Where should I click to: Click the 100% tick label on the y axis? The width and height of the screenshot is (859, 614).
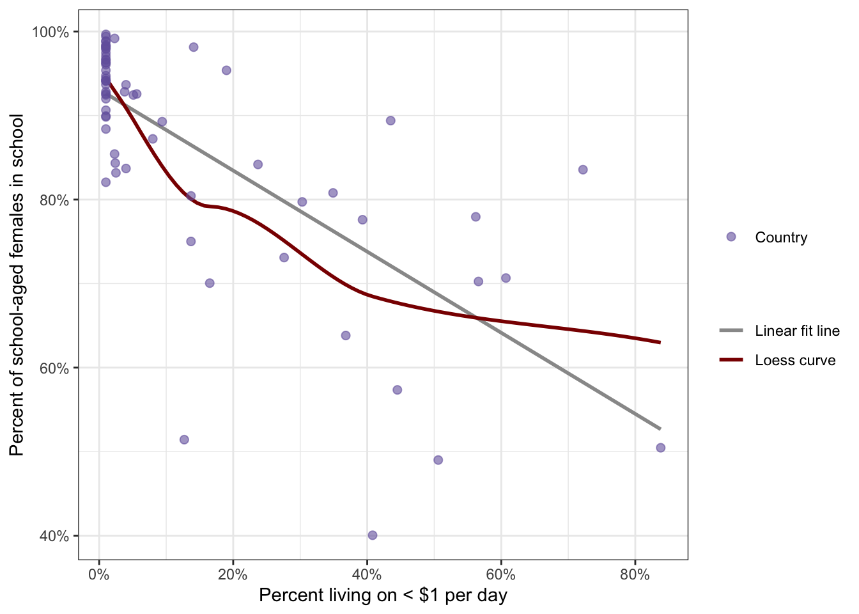click(x=50, y=32)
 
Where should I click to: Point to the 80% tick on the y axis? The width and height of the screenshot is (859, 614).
click(x=54, y=200)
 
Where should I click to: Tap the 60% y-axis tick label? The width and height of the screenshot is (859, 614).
click(x=54, y=368)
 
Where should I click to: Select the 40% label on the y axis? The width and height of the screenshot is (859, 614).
click(x=54, y=536)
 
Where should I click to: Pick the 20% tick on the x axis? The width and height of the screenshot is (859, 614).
click(x=233, y=574)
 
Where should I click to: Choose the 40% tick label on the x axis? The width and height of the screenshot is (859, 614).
click(x=367, y=574)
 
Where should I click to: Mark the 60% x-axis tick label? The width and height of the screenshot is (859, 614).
click(x=501, y=574)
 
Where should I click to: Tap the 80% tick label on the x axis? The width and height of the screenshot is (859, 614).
click(x=635, y=574)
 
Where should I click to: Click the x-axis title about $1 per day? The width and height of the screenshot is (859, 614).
click(x=383, y=595)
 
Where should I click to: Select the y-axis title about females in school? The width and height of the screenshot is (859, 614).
click(x=17, y=285)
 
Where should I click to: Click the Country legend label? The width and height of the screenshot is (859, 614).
click(x=781, y=237)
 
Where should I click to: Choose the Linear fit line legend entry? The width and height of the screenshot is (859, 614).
click(x=797, y=331)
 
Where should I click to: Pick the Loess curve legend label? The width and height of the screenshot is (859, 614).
click(x=795, y=360)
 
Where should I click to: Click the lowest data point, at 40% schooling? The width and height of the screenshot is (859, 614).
click(x=373, y=535)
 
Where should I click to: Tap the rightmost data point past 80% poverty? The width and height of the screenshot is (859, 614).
click(x=660, y=448)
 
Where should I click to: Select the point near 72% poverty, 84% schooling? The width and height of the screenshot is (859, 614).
click(x=583, y=169)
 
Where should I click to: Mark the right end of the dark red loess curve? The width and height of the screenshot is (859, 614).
click(x=660, y=343)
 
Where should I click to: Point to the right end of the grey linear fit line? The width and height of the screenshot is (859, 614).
click(x=660, y=429)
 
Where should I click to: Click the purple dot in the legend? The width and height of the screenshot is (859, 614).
click(x=731, y=237)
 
